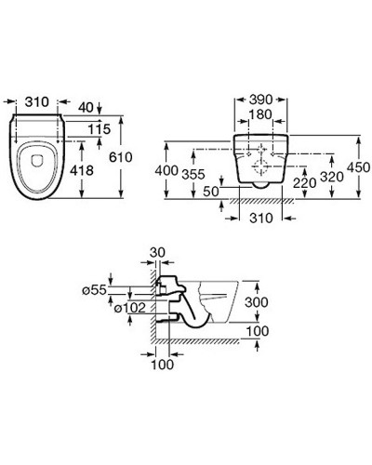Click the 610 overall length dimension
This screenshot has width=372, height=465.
121,157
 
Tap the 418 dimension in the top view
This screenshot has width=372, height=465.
82,170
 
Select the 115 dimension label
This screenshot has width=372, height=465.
100,129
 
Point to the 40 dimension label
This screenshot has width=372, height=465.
86,108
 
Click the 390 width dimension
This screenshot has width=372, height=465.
260,100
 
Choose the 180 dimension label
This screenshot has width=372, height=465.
260,114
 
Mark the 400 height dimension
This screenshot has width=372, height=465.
166,170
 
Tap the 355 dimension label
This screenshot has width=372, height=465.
193,174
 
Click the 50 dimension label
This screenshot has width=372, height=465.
211,192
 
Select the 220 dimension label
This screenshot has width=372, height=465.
305,183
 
